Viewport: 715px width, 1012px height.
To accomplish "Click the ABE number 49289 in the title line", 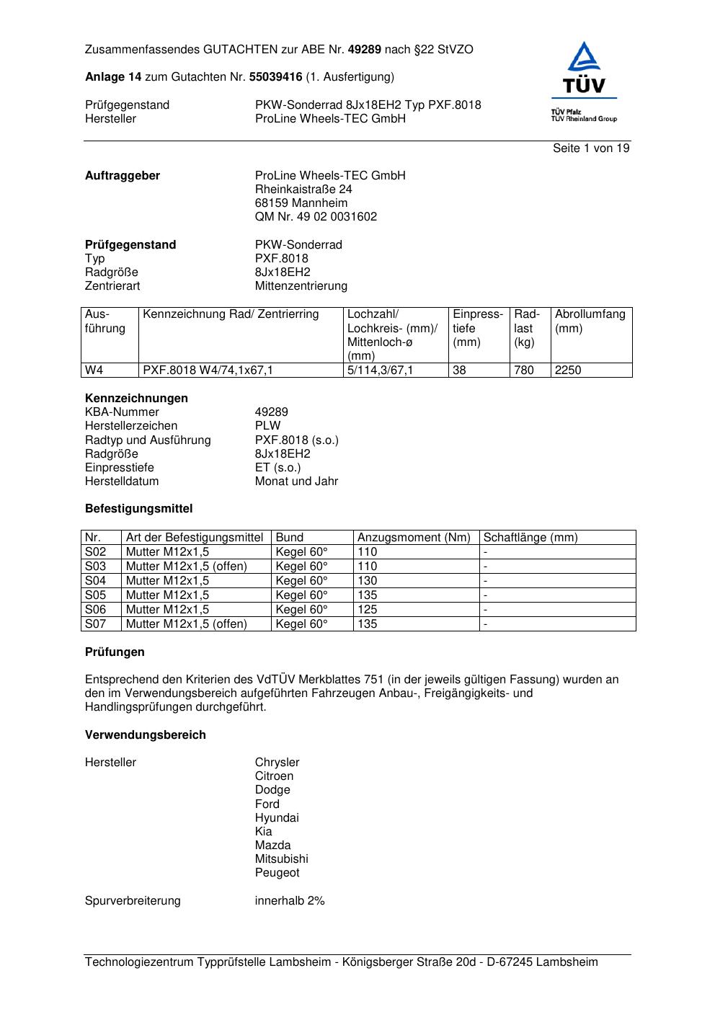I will tap(365, 50).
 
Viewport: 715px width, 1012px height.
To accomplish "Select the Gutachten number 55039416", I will tap(275, 77).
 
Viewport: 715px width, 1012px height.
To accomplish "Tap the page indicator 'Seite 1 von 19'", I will tap(591, 148).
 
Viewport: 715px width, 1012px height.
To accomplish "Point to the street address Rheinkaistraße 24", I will tap(303, 190).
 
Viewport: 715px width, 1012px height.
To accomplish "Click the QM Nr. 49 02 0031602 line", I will tap(316, 217).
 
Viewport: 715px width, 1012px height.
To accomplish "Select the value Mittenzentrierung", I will tap(301, 286).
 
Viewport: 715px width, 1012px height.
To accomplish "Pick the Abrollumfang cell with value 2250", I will tap(568, 370).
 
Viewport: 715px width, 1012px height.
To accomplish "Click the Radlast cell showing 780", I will tap(524, 370).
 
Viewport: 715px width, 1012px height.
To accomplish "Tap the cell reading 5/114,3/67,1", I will tap(381, 370).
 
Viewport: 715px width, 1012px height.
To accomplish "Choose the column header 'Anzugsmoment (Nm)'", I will tap(414, 538).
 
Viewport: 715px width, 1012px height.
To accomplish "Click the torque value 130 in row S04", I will tap(368, 581).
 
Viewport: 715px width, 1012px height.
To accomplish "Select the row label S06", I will tap(95, 610).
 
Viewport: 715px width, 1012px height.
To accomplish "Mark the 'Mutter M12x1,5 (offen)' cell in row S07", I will tap(187, 624).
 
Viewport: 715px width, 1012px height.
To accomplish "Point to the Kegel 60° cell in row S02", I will tap(301, 552).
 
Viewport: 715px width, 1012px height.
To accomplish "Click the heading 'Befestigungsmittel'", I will tap(138, 509).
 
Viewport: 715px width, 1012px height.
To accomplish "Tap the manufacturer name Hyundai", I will tap(277, 818).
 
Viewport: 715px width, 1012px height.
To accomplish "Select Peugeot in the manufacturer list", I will tap(277, 873).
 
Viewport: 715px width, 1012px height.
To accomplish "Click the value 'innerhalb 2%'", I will tap(290, 901).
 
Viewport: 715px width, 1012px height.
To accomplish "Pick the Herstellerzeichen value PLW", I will tap(267, 426).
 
